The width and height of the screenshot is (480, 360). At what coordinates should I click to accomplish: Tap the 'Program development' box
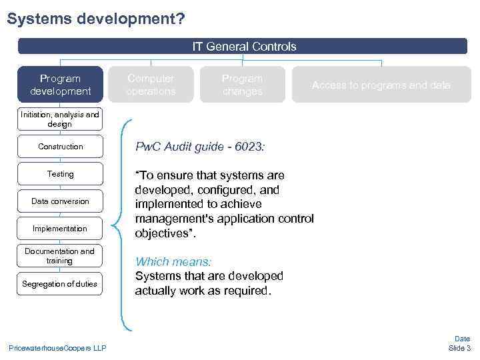(60, 85)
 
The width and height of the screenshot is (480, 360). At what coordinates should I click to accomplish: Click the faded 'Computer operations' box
(151, 85)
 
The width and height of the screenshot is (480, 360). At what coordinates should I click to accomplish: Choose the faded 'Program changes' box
(243, 85)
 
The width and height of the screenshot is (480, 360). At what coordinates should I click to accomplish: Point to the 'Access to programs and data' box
(381, 85)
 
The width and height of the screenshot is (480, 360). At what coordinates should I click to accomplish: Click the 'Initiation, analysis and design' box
(60, 119)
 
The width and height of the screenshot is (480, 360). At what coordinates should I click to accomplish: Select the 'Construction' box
(60, 147)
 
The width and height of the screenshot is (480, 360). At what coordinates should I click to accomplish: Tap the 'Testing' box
(60, 174)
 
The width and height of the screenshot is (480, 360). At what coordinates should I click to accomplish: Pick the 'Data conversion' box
(60, 201)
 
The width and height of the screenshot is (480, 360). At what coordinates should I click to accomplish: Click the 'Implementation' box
(60, 229)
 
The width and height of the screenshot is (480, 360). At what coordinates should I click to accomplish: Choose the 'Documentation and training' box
(60, 256)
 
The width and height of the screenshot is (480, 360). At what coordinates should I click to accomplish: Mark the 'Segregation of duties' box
(60, 284)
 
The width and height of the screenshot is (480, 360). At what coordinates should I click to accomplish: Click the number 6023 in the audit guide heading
(247, 147)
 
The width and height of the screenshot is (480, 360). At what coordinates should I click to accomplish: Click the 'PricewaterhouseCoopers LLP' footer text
(57, 348)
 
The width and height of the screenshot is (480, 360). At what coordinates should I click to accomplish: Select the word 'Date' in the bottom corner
(462, 339)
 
